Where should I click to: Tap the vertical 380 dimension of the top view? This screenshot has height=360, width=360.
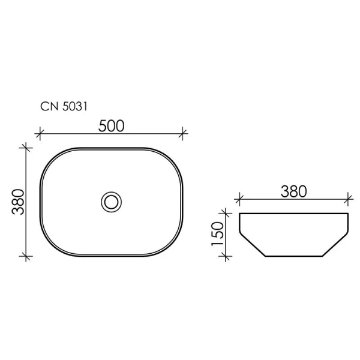[x=17, y=201]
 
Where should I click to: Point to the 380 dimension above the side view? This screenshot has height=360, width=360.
[x=293, y=191]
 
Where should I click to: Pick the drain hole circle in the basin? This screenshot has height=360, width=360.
[x=111, y=201]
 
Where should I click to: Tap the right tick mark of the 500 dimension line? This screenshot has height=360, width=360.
[x=183, y=133]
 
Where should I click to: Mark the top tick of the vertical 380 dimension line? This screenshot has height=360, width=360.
[x=25, y=146]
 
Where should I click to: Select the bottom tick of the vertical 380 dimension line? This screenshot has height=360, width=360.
[x=25, y=256]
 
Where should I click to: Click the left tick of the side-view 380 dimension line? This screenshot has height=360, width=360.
[x=239, y=197]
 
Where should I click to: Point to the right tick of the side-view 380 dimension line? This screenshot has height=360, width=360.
[x=348, y=197]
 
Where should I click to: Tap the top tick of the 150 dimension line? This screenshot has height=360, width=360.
[x=226, y=212]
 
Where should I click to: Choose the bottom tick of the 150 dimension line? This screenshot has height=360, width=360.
[x=226, y=256]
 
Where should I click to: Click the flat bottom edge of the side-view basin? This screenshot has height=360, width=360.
[x=293, y=256]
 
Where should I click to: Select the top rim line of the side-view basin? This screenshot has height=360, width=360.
[x=293, y=213]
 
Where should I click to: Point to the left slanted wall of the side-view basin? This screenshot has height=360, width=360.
[x=252, y=244]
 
